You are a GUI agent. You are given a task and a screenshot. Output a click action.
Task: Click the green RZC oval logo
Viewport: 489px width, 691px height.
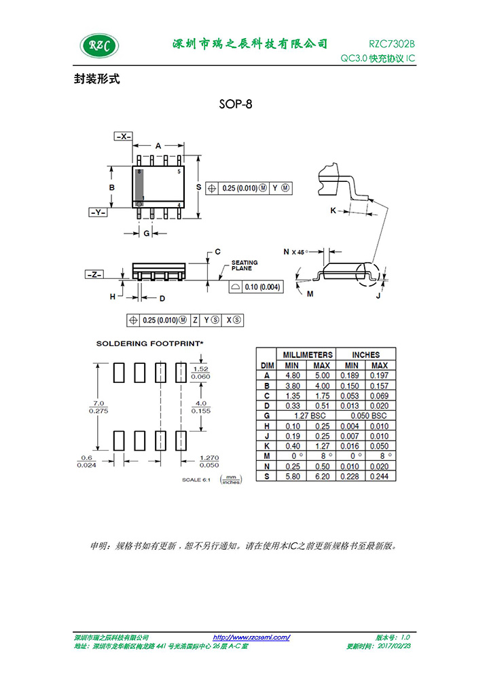point(99,45)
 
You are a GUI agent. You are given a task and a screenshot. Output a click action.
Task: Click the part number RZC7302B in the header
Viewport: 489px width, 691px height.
point(392,43)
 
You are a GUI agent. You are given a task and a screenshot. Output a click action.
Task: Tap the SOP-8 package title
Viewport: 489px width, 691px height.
point(236,104)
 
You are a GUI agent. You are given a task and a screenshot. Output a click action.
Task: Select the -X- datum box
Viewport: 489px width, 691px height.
point(123,136)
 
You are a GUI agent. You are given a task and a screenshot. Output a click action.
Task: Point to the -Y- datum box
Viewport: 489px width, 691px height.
point(98,212)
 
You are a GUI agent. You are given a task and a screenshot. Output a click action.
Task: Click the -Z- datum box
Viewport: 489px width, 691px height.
point(94,274)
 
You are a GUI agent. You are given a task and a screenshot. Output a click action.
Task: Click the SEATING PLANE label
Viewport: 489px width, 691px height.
point(244,265)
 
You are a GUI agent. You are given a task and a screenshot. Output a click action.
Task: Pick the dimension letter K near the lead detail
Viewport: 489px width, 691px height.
point(333,210)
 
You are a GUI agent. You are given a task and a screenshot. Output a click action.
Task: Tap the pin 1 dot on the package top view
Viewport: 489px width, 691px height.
point(139,204)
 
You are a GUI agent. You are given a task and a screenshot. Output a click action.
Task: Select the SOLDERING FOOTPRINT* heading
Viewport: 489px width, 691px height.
point(150,343)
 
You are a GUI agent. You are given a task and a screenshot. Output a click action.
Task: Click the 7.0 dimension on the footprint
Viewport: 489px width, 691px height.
point(98,403)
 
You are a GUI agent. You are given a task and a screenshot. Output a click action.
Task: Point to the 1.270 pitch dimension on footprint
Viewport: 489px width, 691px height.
point(209,458)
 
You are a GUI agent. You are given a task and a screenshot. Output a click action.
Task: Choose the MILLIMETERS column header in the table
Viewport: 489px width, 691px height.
point(308,355)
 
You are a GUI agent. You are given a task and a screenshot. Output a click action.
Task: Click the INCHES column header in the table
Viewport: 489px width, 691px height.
point(365,355)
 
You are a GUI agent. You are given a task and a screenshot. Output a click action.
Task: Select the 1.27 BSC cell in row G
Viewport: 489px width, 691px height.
point(310,415)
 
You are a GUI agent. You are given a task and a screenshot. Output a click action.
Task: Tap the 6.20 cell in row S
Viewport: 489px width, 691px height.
point(323,477)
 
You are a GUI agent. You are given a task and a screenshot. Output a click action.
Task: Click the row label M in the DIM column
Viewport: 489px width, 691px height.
point(267,456)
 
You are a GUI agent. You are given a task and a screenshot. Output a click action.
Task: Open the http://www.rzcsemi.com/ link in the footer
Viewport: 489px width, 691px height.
point(251,637)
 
